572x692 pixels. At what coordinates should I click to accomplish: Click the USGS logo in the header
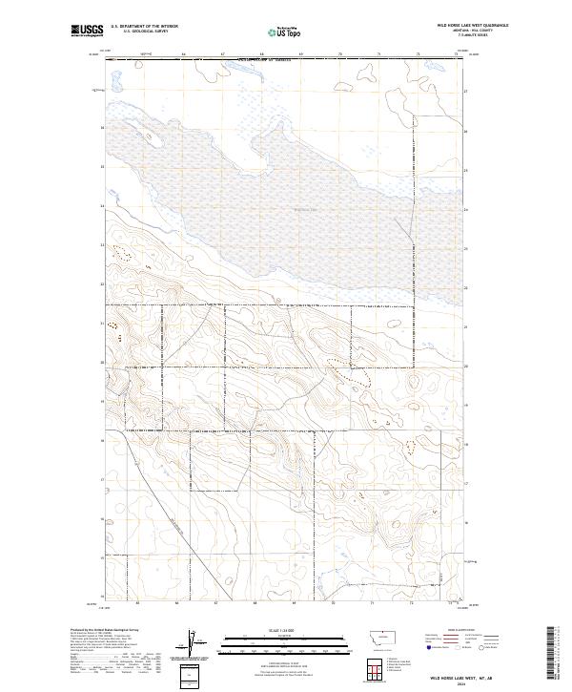pyautogui.click(x=87, y=31)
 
